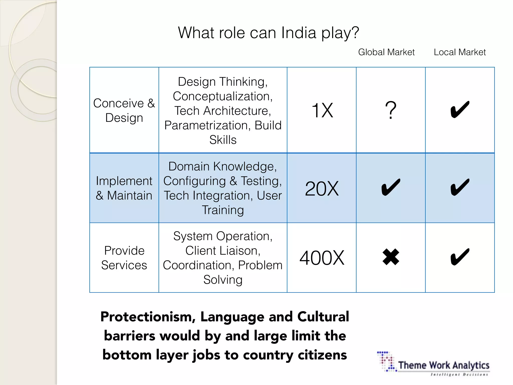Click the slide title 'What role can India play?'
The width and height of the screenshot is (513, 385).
pyautogui.click(x=268, y=33)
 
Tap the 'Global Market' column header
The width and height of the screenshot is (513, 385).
pyautogui.click(x=386, y=52)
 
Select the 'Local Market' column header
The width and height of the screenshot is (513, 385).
pyautogui.click(x=460, y=52)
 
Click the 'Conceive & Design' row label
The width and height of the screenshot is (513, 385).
pyautogui.click(x=124, y=110)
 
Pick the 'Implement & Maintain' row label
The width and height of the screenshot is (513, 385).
pyautogui.click(x=124, y=188)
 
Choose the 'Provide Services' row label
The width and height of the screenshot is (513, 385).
pyautogui.click(x=124, y=258)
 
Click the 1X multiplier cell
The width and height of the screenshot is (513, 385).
pyautogui.click(x=322, y=110)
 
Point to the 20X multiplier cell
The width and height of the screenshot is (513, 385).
pyautogui.click(x=322, y=188)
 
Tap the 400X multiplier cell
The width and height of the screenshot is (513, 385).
pyautogui.click(x=322, y=258)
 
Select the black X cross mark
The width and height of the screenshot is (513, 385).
pyautogui.click(x=391, y=257)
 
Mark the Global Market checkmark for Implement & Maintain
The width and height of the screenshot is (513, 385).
pyautogui.click(x=391, y=187)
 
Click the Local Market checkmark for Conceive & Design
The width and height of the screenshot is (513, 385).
pyautogui.click(x=460, y=110)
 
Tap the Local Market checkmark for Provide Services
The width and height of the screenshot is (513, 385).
pyautogui.click(x=460, y=257)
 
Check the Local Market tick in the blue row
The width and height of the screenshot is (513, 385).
pyautogui.click(x=460, y=187)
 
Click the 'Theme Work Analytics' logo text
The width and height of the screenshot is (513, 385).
pyautogui.click(x=444, y=365)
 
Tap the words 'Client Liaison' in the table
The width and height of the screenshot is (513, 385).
pyautogui.click(x=223, y=251)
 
